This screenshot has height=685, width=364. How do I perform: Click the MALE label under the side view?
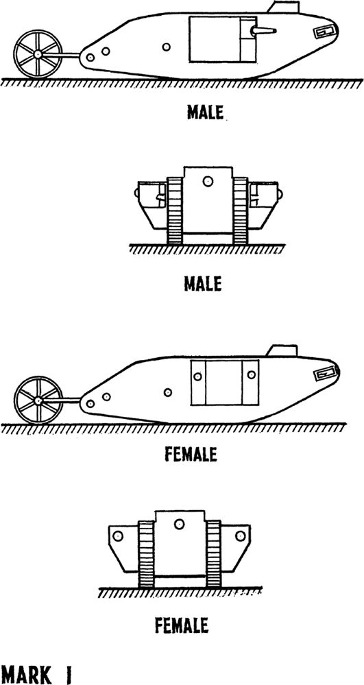tap(205, 112)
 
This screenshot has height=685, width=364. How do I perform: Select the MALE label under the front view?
tap(202, 284)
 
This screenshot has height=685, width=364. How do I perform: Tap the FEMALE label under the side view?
tap(191, 455)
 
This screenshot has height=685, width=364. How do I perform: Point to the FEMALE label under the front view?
tap(182, 625)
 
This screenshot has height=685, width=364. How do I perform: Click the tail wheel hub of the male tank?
tap(38, 54)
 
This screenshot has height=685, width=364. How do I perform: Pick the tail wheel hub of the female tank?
tap(38, 400)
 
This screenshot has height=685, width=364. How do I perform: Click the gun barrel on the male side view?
tap(263, 31)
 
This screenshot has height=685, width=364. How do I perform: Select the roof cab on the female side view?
tap(282, 350)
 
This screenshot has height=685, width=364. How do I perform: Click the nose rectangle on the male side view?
tap(326, 32)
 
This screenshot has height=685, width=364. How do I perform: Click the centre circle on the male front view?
tap(208, 181)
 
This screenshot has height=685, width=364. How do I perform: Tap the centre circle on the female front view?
tap(179, 525)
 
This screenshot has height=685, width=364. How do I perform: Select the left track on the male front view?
tap(174, 210)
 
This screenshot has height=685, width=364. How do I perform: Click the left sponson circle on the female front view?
tap(117, 536)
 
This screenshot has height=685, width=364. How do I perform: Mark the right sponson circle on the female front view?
tap(240, 536)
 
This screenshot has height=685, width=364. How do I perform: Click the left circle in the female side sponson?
tap(198, 376)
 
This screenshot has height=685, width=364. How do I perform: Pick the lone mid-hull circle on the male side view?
tap(166, 47)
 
